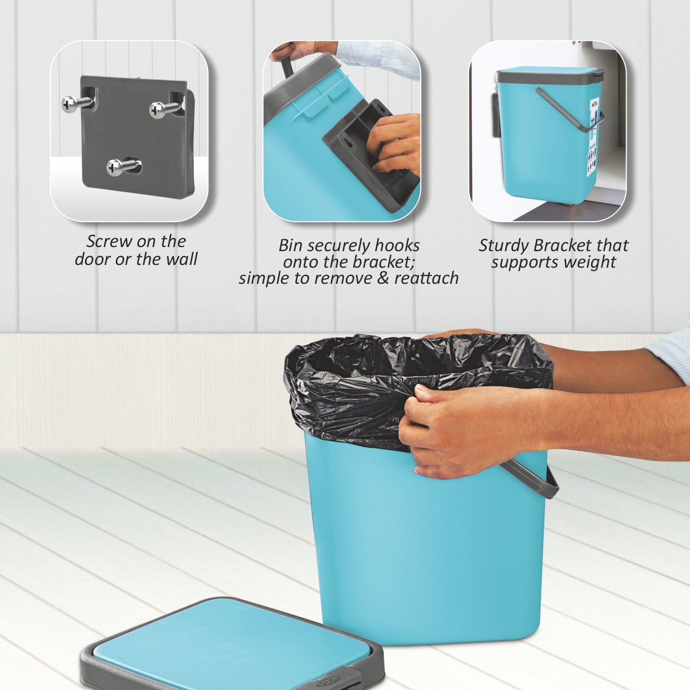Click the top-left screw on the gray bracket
[x=71, y=104]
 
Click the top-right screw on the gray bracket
[x=159, y=109]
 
